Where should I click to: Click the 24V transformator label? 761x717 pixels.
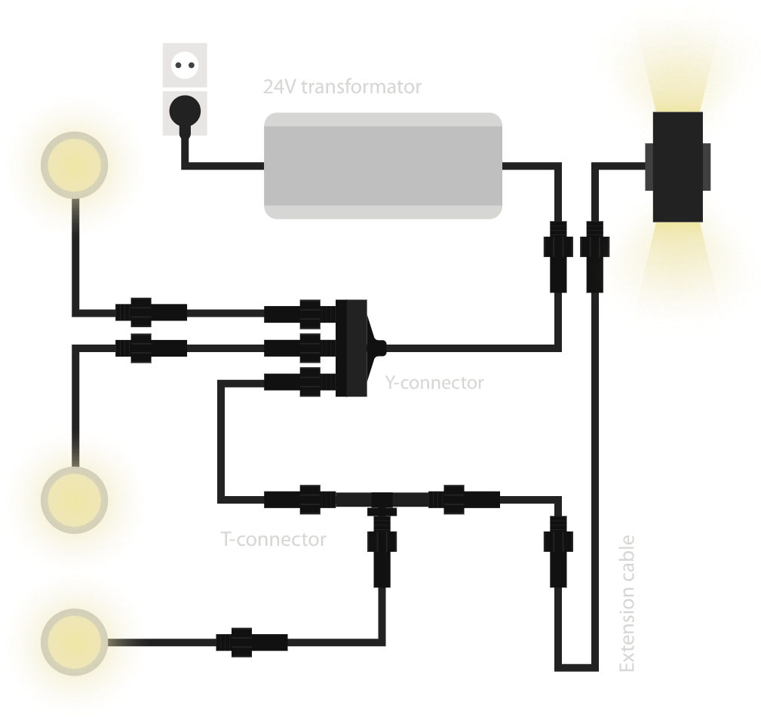[342, 87]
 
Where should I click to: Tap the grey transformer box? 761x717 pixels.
[383, 166]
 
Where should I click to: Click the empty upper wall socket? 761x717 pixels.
[184, 65]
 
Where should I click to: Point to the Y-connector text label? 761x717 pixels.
[434, 383]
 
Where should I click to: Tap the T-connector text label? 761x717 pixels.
[273, 540]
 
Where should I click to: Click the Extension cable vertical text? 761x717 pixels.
[627, 603]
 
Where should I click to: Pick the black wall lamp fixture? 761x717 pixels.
[677, 167]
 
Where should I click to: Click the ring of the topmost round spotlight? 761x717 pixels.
[72, 165]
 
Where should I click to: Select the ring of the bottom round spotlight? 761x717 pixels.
[72, 642]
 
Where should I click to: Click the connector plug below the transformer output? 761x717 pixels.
[558, 256]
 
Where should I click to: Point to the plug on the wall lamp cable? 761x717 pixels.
[595, 256]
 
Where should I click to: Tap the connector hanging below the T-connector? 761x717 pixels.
[382, 554]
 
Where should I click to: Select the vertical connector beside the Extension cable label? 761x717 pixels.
[558, 550]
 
